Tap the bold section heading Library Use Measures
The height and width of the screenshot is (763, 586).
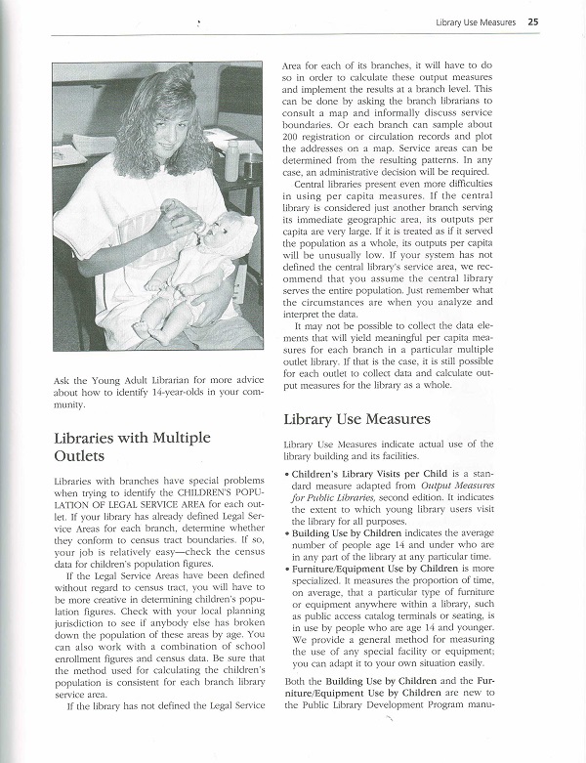[356, 419]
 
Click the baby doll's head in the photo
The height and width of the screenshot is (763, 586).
[231, 240]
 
